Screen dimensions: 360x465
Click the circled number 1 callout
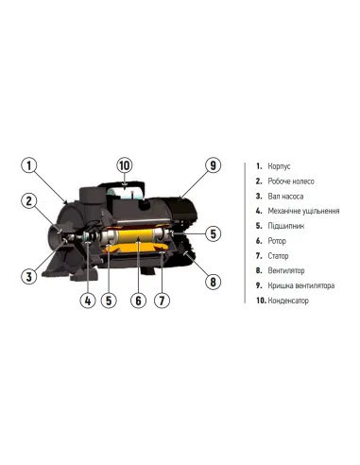29,165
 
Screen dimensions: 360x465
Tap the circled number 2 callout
29,201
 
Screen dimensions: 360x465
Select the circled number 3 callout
29,277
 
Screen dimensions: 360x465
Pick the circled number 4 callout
88,301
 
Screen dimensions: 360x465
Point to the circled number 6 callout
138,301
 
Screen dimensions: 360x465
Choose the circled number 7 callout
162,301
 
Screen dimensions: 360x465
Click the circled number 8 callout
213,282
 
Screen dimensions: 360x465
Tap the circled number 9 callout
213,165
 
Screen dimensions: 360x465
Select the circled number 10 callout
125,165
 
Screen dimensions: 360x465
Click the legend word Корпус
279,166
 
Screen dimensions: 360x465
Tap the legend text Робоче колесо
291,181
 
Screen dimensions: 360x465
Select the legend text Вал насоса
285,197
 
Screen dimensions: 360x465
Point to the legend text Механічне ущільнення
303,211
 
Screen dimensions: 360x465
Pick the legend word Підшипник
286,226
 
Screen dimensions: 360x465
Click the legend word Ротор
277,241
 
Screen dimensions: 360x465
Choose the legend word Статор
278,256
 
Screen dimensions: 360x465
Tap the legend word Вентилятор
286,270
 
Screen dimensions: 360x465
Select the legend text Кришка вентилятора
301,285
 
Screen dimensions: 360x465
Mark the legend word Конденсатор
288,301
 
